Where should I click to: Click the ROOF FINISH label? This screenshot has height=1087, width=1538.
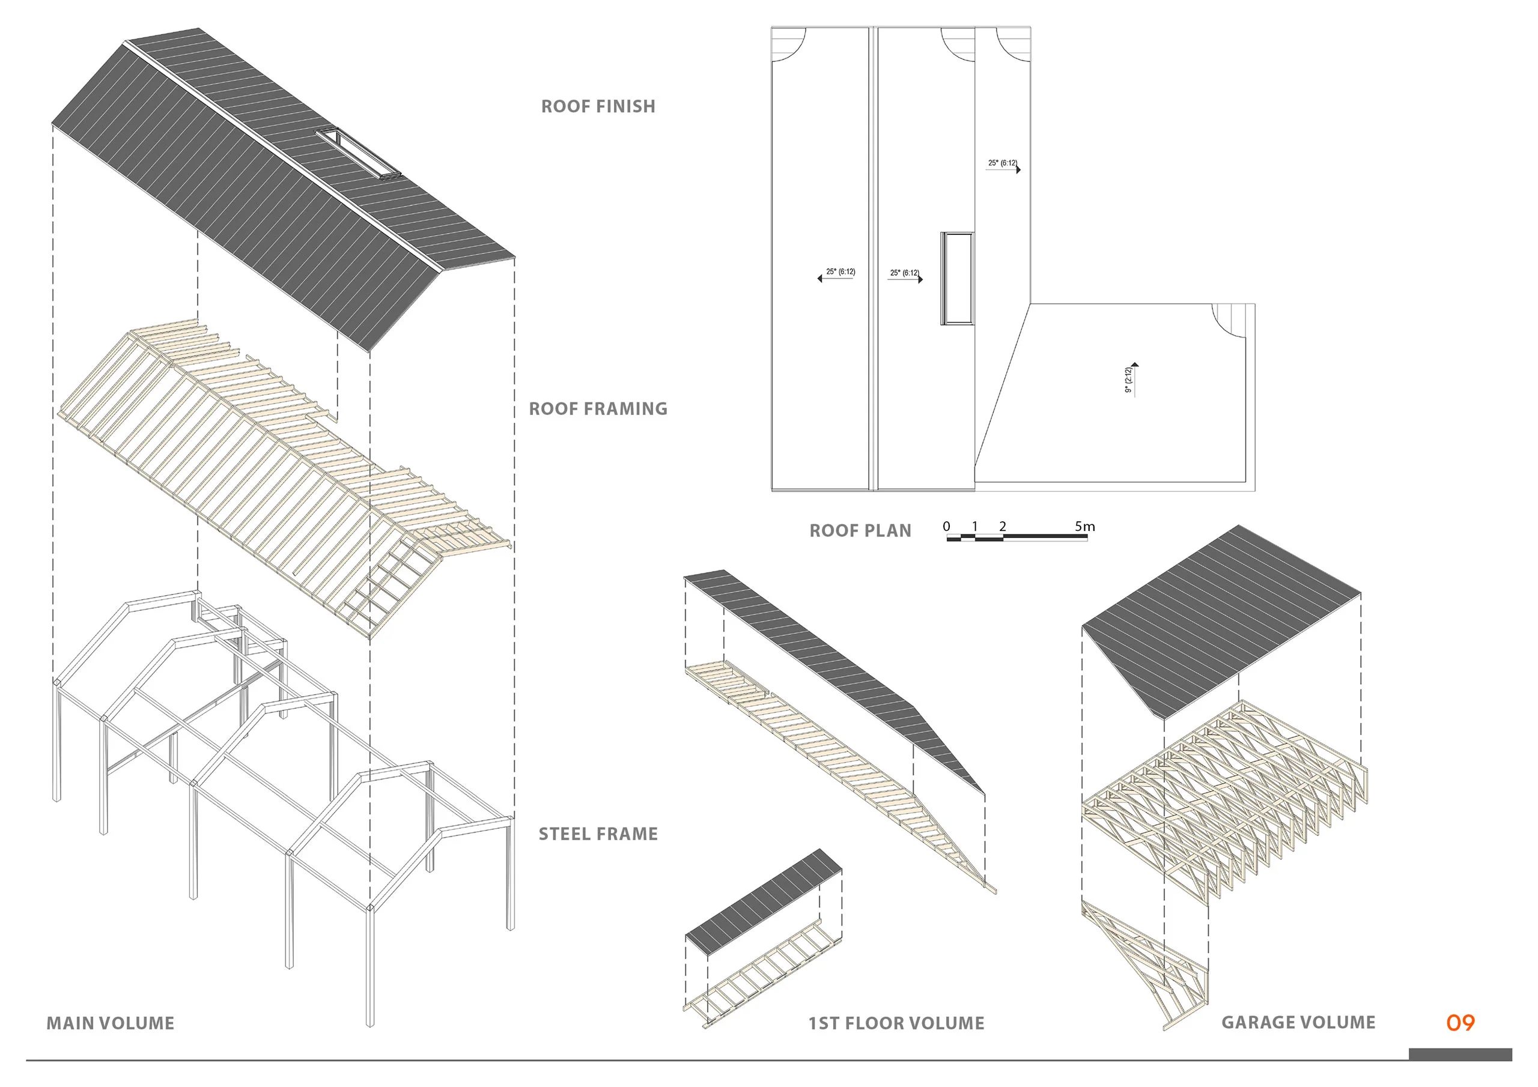click(x=598, y=106)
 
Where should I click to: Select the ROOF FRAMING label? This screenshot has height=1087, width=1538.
click(x=598, y=408)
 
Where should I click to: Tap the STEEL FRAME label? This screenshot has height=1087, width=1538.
click(x=598, y=834)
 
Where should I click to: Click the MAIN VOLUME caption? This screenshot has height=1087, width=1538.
click(x=111, y=1023)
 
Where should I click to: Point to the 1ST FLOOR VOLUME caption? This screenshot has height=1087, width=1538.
click(x=896, y=1023)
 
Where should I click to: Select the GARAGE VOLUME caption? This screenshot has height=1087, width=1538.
click(x=1298, y=1023)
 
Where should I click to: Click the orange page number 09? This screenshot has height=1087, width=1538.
click(x=1460, y=1023)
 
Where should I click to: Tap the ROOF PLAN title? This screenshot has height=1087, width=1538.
click(x=860, y=530)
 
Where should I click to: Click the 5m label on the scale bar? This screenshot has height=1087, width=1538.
click(x=1084, y=527)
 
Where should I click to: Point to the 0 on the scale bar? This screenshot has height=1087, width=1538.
click(x=946, y=527)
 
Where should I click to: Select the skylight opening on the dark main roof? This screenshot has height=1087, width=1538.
click(x=359, y=154)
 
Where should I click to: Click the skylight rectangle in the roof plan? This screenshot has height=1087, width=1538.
click(x=957, y=279)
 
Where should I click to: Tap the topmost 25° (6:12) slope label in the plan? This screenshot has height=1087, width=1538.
click(x=1002, y=163)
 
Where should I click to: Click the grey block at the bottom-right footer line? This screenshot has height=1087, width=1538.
click(x=1460, y=1054)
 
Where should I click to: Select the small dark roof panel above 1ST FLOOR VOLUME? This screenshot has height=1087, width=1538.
click(x=764, y=901)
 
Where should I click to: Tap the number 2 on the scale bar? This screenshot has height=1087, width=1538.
click(x=1002, y=527)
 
